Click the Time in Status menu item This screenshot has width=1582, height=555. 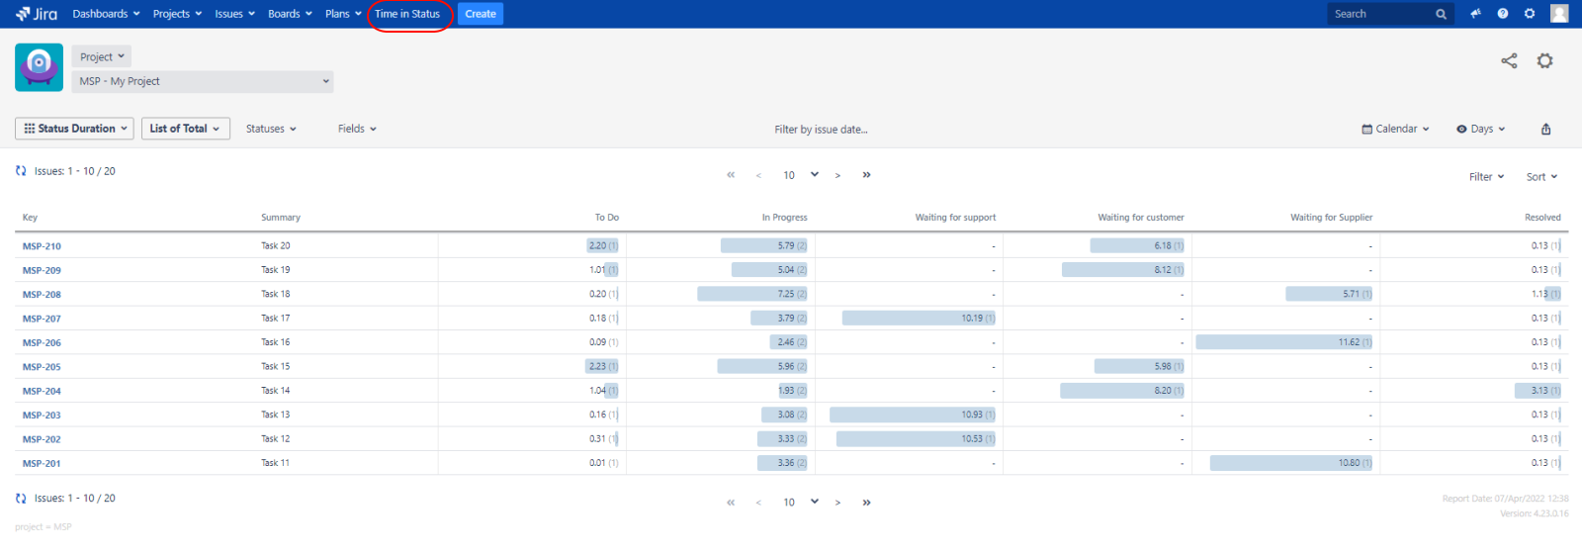click(x=407, y=14)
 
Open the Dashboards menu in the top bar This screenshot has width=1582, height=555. click(x=106, y=14)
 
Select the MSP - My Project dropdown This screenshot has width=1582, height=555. click(x=203, y=81)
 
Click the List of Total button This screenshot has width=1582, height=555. click(x=185, y=129)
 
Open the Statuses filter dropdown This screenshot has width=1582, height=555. click(x=271, y=129)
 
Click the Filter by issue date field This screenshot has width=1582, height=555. click(x=821, y=130)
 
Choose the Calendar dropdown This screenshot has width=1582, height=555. click(x=1396, y=129)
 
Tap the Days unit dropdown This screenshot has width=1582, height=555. click(x=1481, y=129)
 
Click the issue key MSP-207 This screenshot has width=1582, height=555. click(x=42, y=319)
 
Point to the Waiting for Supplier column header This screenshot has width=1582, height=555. click(x=1331, y=218)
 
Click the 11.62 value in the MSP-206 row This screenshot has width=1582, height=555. click(x=1349, y=342)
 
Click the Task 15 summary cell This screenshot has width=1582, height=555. click(x=276, y=366)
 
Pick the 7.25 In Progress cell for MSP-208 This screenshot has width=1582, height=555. click(x=786, y=294)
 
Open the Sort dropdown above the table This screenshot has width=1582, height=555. click(x=1541, y=177)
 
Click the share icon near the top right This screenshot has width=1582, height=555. click(x=1509, y=61)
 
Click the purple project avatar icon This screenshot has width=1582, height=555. click(x=40, y=67)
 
